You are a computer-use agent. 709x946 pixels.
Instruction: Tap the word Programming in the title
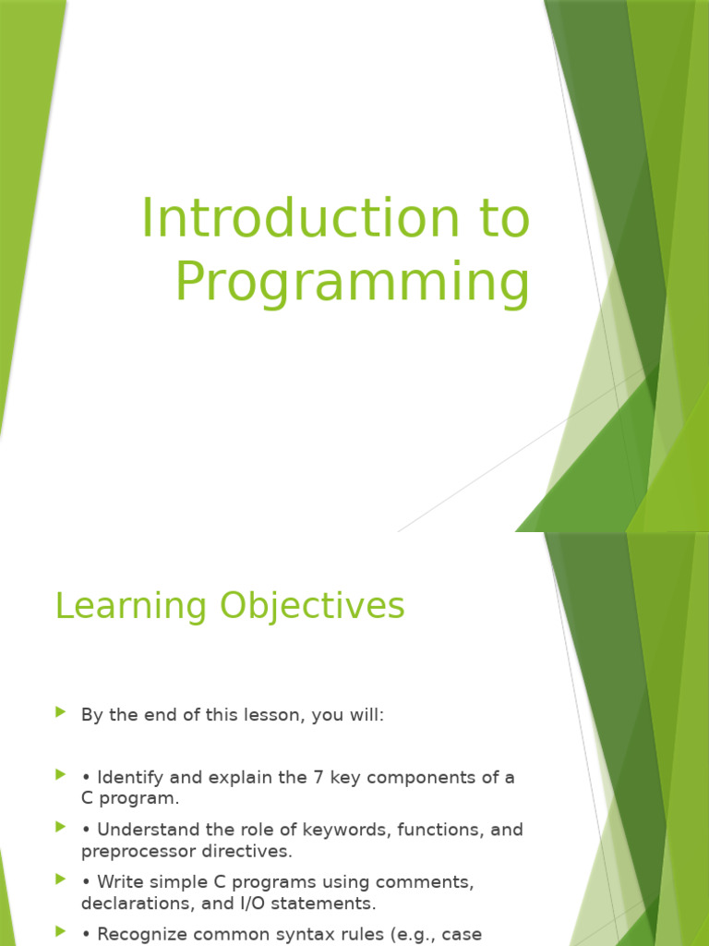point(353,284)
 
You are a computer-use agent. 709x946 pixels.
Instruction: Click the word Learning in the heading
point(130,607)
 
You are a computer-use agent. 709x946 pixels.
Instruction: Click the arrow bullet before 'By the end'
point(61,712)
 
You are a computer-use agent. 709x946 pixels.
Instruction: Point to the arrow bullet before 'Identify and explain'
point(61,775)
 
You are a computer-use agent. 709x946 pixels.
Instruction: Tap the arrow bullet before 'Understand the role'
point(61,828)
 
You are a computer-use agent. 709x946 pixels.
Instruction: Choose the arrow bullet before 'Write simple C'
point(61,879)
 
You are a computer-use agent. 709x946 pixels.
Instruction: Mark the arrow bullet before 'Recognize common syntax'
point(61,932)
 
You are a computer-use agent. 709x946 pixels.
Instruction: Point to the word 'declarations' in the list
point(133,903)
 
